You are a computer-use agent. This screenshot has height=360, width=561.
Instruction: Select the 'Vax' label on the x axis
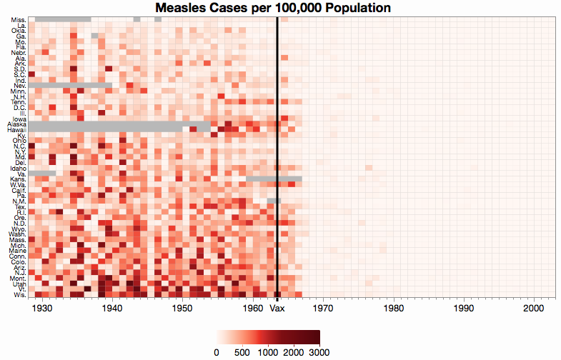click(x=277, y=309)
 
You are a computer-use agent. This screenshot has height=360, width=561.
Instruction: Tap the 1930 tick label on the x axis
click(x=42, y=309)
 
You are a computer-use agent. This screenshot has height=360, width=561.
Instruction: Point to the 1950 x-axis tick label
click(x=182, y=309)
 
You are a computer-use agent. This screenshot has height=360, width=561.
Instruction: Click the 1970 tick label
click(x=323, y=309)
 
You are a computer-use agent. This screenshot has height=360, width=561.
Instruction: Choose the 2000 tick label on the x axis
click(x=534, y=309)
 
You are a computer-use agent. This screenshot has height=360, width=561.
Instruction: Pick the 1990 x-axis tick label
click(x=464, y=309)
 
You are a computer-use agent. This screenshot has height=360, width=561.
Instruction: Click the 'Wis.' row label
click(x=19, y=294)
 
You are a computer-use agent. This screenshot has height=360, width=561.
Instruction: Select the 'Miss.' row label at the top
click(x=19, y=19)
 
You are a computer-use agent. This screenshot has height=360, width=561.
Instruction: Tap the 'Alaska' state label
click(x=17, y=124)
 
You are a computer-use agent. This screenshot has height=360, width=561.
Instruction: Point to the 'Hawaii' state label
click(x=17, y=130)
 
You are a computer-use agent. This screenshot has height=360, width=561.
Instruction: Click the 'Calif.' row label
click(x=19, y=190)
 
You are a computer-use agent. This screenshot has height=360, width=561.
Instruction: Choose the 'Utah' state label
click(x=19, y=284)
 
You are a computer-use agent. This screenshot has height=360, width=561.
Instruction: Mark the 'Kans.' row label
click(x=19, y=179)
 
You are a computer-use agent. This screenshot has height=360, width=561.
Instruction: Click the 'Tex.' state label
click(x=20, y=206)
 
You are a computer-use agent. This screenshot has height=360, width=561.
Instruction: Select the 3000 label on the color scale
click(x=319, y=352)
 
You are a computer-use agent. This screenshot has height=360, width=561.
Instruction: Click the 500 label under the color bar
click(x=242, y=352)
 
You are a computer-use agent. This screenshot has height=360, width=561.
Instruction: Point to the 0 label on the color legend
click(x=217, y=352)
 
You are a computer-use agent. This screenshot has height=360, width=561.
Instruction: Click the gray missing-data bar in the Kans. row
click(x=274, y=179)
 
